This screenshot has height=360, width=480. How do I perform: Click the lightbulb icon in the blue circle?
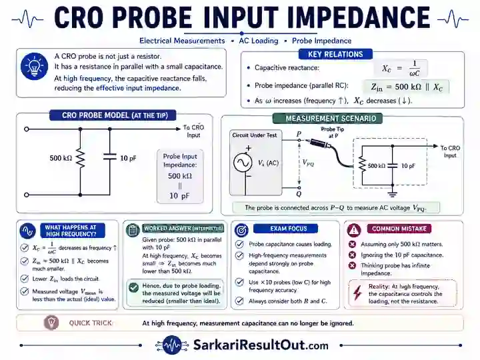coord(34,67)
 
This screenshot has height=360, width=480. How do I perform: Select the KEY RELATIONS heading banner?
coord(335,54)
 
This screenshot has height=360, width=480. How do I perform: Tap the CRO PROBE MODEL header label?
coord(113,115)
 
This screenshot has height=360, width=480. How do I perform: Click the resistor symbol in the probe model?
coord(80,158)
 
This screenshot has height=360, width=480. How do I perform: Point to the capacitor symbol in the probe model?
coord(109,157)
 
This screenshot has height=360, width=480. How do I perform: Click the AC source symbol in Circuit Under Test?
coord(243,163)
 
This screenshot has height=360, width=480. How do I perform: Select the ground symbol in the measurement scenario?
coord(393,193)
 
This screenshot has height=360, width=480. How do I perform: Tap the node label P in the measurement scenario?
coord(299,134)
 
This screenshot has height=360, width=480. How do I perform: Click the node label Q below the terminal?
coord(299,194)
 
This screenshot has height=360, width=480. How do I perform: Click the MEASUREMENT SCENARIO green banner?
coord(327,119)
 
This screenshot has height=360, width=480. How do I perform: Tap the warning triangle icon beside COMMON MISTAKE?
coord(354,229)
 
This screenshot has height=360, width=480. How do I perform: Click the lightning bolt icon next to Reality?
coord(357,293)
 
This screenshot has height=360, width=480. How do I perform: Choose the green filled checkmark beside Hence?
coord(133,287)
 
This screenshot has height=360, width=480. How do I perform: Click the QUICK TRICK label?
coord(90,323)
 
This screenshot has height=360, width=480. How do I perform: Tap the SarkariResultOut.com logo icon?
coord(171,345)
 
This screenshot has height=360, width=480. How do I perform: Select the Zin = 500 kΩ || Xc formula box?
coord(406,87)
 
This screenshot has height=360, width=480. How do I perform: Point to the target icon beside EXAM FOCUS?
coord(241,230)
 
